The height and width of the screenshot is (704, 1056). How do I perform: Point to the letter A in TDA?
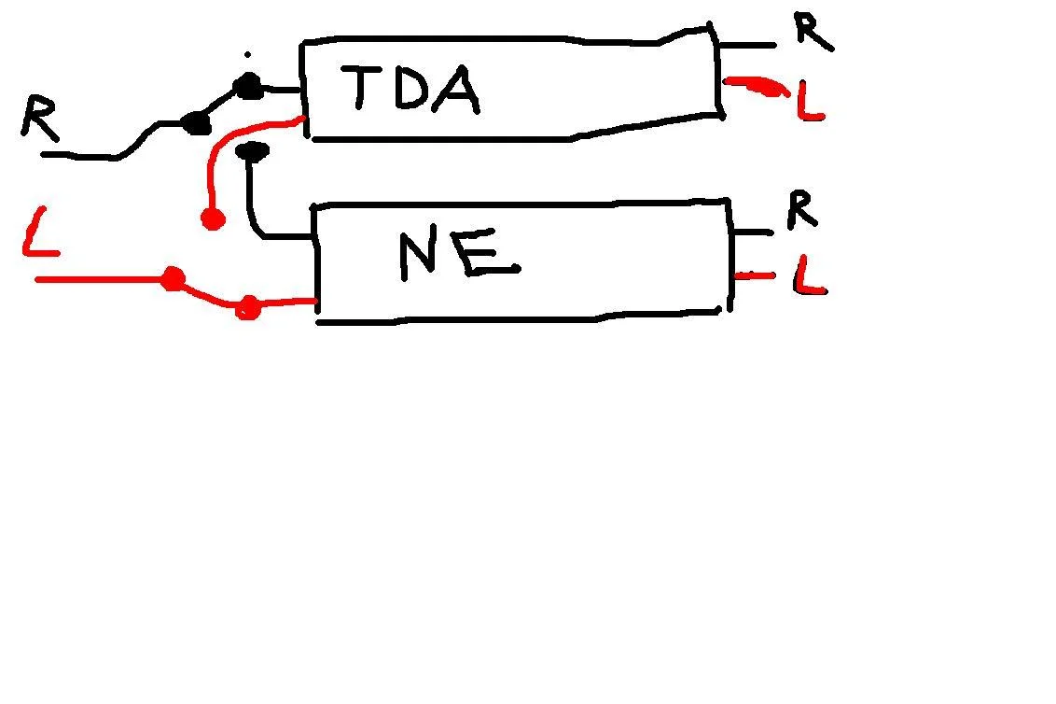[456, 89]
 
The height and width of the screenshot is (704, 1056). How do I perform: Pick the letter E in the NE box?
[486, 254]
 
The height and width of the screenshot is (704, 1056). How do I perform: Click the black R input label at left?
[39, 118]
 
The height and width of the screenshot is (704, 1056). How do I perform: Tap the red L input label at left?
[40, 232]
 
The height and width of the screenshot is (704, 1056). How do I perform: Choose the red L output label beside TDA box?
[811, 101]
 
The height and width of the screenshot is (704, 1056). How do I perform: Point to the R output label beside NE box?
[803, 209]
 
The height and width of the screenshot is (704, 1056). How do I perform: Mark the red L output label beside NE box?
[810, 275]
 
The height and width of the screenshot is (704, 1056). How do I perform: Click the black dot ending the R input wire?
[197, 123]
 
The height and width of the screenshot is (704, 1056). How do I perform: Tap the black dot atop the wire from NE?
[253, 151]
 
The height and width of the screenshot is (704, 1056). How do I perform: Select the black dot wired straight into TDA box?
[248, 86]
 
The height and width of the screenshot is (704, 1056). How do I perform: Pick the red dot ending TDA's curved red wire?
[214, 218]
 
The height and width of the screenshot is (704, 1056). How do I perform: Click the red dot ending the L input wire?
[174, 278]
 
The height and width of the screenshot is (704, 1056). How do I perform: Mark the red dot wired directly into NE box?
[248, 307]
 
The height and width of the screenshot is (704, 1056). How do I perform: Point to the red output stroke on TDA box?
[757, 86]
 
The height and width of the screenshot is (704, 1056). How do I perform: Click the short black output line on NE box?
[753, 232]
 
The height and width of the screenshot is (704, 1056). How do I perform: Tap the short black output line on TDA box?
[747, 45]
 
